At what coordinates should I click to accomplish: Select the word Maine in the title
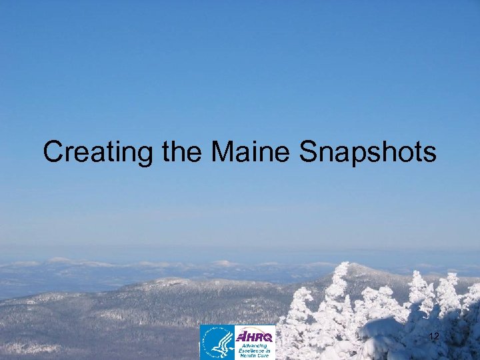[x=251, y=153]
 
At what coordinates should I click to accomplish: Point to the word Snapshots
[x=367, y=153]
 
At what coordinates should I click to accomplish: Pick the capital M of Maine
[x=223, y=153]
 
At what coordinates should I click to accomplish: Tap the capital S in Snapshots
[x=309, y=153]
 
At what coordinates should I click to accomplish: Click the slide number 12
[x=434, y=337]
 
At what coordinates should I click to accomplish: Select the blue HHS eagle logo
[x=217, y=343]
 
